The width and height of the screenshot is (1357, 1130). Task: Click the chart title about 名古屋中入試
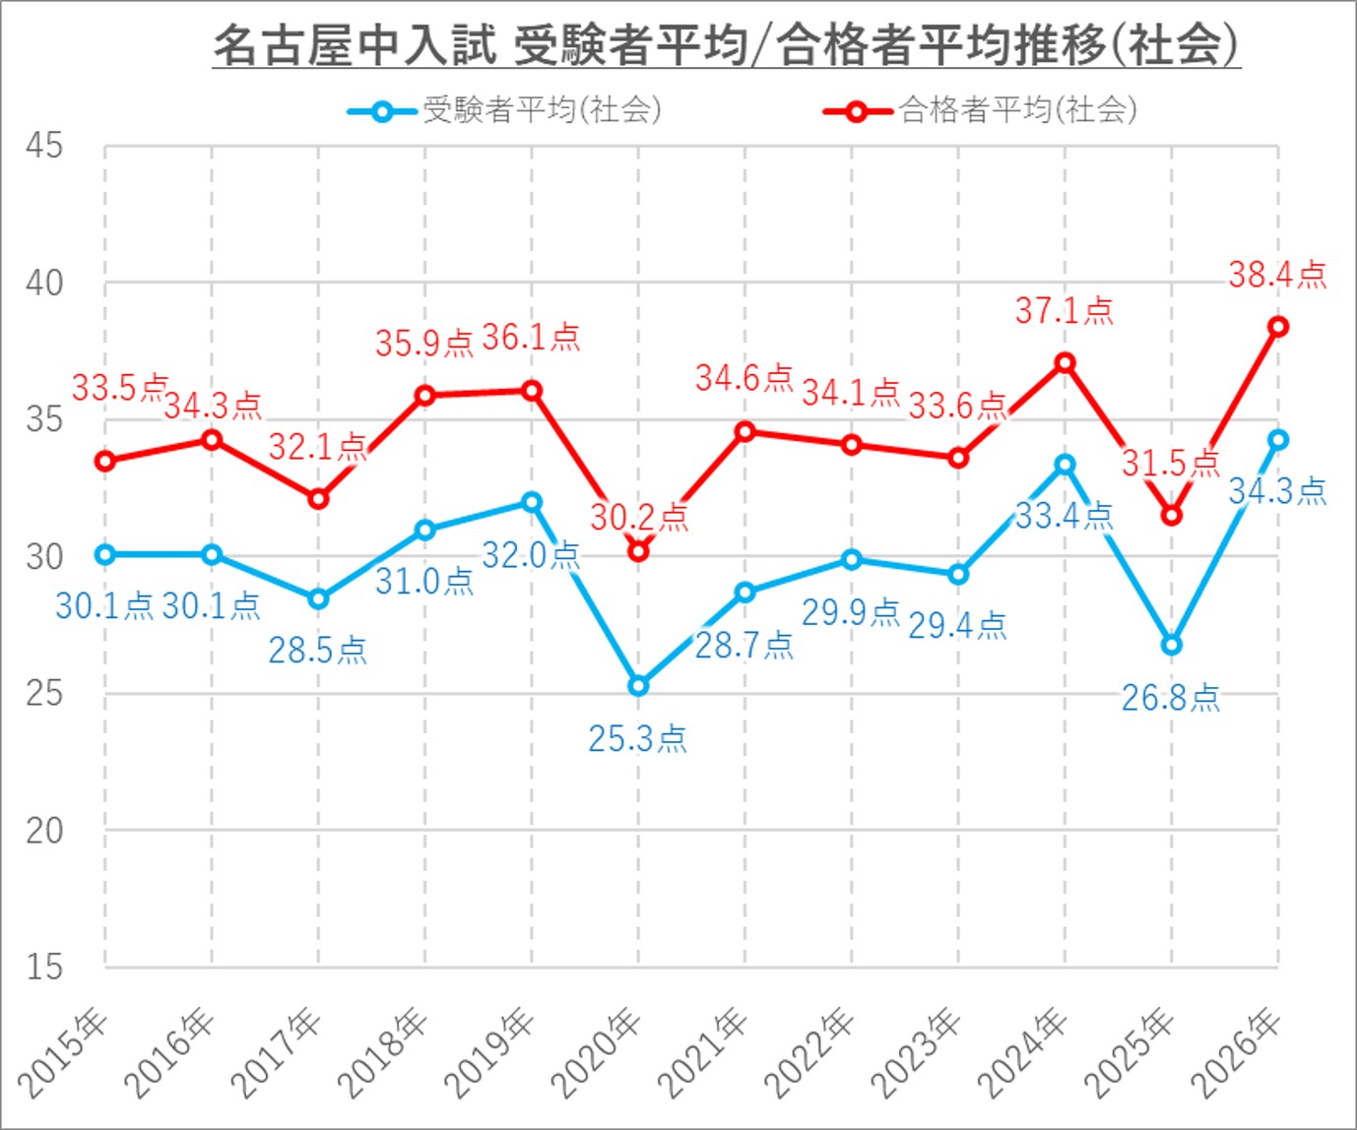pyautogui.click(x=726, y=45)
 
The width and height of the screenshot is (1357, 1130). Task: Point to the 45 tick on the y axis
pyautogui.click(x=44, y=146)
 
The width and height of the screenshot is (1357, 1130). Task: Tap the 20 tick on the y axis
pyautogui.click(x=44, y=831)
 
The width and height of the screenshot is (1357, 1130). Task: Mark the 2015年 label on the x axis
pyautogui.click(x=65, y=1051)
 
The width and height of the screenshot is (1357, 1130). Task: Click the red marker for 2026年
pyautogui.click(x=1278, y=327)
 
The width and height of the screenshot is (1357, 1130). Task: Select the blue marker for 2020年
pyautogui.click(x=638, y=685)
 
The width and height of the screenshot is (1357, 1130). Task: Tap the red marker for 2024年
pyautogui.click(x=1065, y=362)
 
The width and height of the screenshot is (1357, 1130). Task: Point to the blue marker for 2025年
pyautogui.click(x=1171, y=645)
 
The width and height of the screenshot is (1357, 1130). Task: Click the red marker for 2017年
pyautogui.click(x=318, y=499)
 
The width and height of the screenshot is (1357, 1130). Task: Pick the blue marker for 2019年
pyautogui.click(x=532, y=502)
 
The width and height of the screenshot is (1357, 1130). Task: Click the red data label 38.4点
pyautogui.click(x=1277, y=275)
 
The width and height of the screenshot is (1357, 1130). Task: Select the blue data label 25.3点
pyautogui.click(x=637, y=738)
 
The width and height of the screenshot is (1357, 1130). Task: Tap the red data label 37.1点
pyautogui.click(x=1064, y=311)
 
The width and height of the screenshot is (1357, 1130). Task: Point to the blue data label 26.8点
pyautogui.click(x=1170, y=698)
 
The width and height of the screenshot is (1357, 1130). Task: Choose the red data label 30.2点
pyautogui.click(x=638, y=516)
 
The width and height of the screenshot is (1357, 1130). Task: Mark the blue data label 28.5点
pyautogui.click(x=317, y=650)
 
